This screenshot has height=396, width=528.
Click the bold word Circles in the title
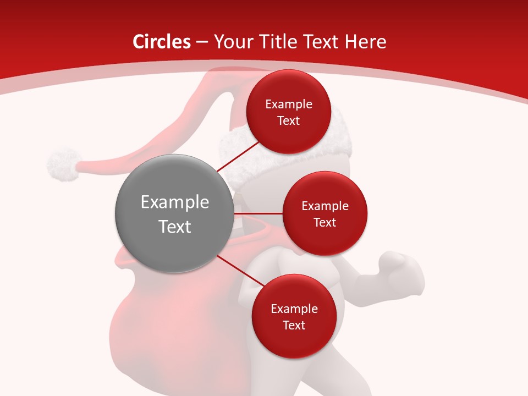[161, 42]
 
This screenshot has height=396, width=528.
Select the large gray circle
[174, 213]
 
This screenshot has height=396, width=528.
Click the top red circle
[288, 112]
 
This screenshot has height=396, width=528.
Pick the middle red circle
[324, 213]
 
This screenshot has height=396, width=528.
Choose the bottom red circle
[294, 317]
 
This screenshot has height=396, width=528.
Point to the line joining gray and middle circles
[258, 213]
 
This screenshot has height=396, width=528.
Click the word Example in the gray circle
[175, 202]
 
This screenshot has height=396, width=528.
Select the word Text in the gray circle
[175, 226]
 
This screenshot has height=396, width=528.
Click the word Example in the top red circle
[289, 105]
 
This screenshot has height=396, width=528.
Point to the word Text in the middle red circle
[324, 222]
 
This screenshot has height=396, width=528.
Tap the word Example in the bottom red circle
[294, 309]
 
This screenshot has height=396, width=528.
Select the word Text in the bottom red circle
[294, 325]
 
